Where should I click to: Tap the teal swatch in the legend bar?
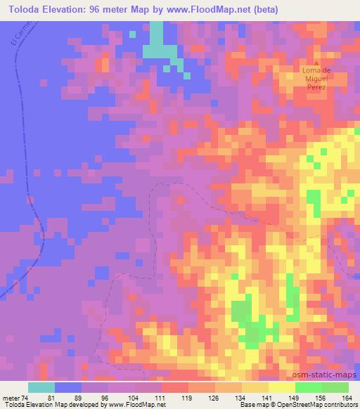(41, 387)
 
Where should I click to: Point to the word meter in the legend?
(11, 397)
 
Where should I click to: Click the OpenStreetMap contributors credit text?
(316, 405)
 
